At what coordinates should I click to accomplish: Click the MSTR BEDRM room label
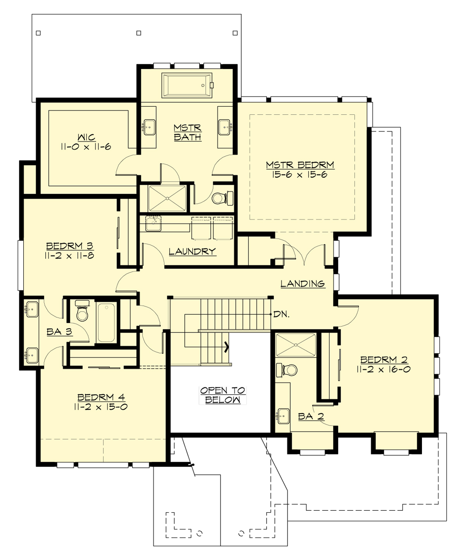[x=300, y=165]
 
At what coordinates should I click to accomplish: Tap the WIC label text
[x=86, y=138]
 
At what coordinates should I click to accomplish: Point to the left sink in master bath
[x=148, y=127]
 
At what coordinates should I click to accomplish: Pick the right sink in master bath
[x=225, y=127]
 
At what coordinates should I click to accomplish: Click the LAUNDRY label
[x=192, y=251]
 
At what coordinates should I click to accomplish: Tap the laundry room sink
[x=153, y=223]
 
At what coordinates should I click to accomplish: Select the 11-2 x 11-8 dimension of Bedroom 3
[x=70, y=255]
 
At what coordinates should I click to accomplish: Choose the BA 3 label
[x=59, y=332]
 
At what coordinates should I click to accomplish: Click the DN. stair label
[x=281, y=314]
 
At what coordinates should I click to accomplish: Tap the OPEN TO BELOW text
[x=222, y=395]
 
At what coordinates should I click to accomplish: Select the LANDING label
[x=303, y=284]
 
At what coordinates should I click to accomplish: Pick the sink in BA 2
[x=283, y=416]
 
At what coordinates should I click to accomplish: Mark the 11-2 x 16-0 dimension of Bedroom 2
[x=383, y=369]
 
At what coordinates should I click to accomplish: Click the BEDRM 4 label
[x=100, y=397]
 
